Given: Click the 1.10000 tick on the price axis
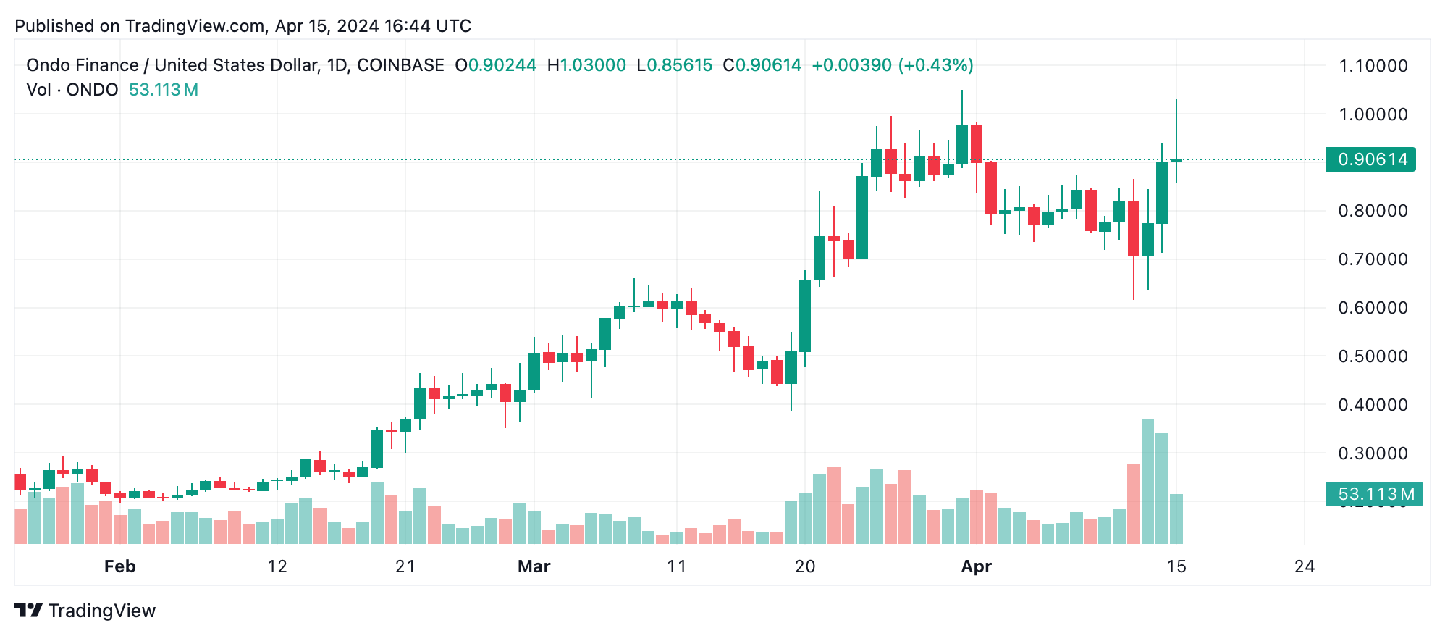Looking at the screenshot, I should pos(1373,66).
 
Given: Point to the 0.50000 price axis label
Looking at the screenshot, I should pos(1373,356).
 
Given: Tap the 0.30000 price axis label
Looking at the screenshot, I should pos(1373,453).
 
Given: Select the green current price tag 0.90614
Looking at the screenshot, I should pos(1370,159).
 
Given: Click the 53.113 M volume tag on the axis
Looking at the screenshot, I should pos(1374,494).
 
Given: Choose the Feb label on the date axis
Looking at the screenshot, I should pos(119,566).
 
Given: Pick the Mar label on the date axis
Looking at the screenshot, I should pos(534,566).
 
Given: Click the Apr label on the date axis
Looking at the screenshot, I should pos(976,566).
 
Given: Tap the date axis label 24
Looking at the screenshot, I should pos(1304,566).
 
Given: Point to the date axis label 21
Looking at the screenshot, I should pos(405,566).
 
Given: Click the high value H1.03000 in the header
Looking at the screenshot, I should pos(586,65).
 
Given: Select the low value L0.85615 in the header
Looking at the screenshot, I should pos(675,65).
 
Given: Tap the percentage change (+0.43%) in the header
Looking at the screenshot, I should pos(935,65).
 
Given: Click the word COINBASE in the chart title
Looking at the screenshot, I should pos(400,65).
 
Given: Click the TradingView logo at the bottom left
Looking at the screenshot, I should pos(85,611).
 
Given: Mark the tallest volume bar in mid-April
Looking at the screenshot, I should pos(1147,481).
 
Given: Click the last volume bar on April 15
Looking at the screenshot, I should pos(1176,519).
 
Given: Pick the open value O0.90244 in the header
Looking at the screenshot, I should pos(496,65).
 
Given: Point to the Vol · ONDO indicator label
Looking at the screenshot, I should pos(72,90).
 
